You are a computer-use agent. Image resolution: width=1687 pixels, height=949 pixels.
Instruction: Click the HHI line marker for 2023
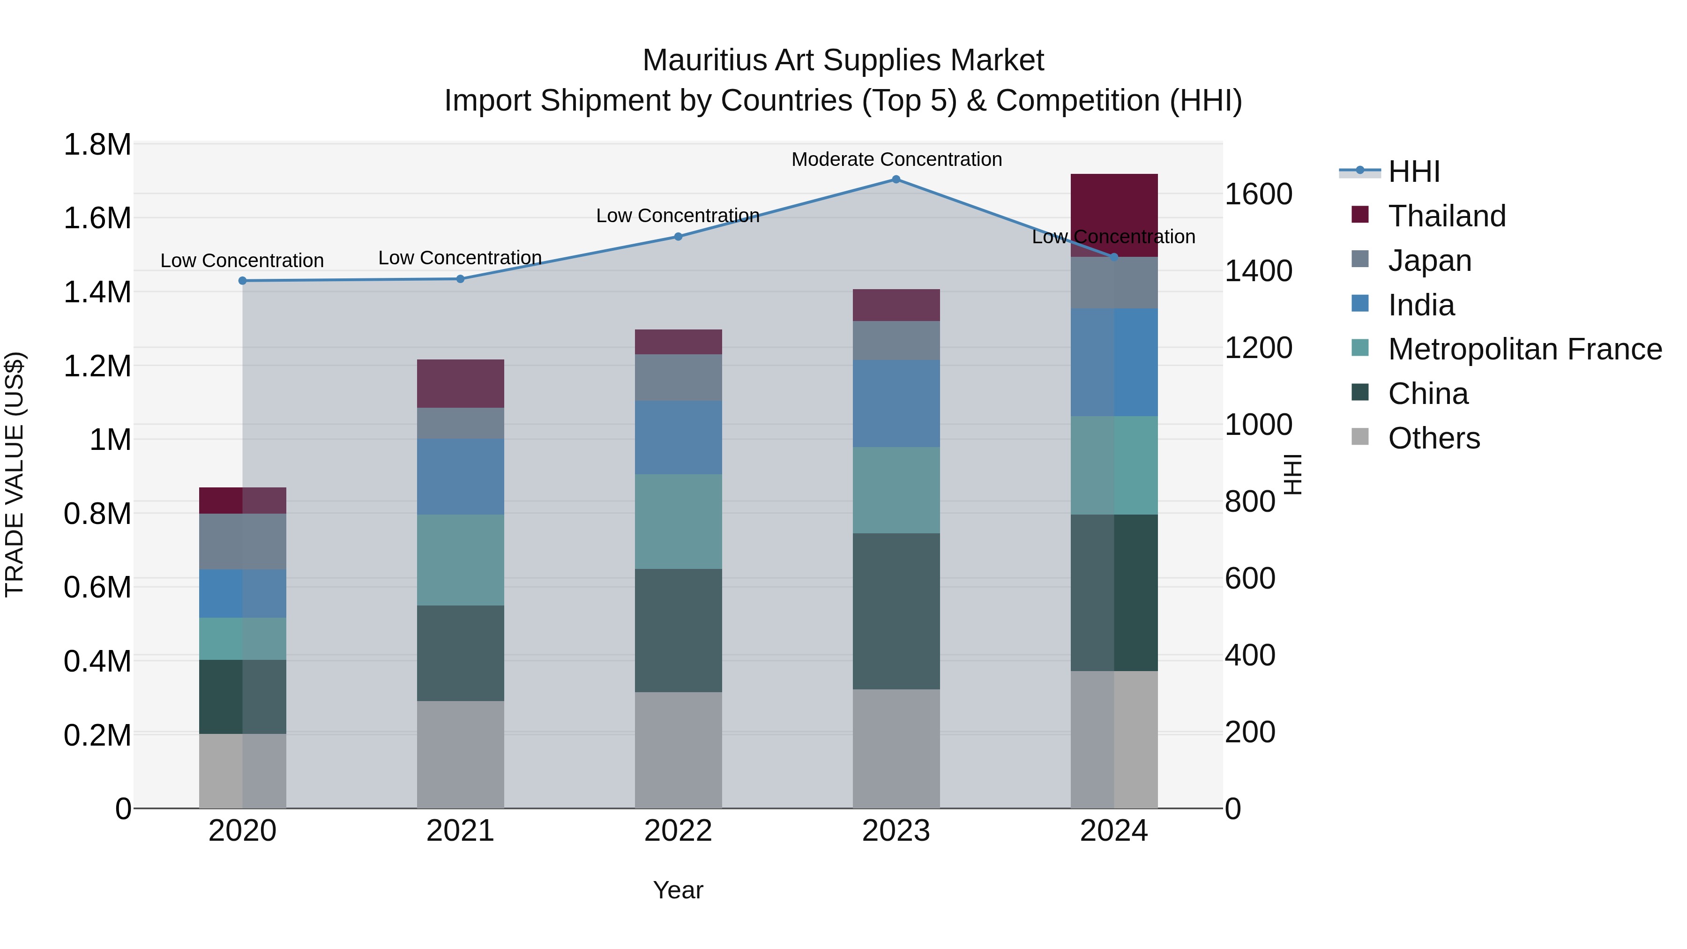pos(896,179)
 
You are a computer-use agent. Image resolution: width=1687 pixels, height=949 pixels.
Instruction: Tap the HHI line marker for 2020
pos(242,281)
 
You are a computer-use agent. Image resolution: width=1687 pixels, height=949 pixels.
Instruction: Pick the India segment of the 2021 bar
pos(460,476)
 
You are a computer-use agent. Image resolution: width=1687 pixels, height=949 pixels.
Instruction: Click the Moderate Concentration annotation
pos(896,160)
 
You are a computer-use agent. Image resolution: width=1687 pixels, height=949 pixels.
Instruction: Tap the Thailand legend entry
pos(1447,216)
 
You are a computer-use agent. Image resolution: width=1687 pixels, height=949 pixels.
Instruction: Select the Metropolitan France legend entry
pos(1524,349)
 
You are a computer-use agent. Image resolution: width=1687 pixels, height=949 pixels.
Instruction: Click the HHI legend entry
pos(1413,172)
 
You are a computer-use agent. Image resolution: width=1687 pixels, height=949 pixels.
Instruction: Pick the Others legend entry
pos(1433,438)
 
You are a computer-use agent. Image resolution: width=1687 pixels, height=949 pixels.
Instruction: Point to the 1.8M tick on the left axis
pos(97,145)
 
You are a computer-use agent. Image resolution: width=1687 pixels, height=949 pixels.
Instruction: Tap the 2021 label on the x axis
pos(460,831)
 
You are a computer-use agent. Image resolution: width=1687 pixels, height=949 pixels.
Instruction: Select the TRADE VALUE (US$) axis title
pos(15,474)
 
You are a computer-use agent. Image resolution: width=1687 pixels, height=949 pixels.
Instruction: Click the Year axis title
pos(678,890)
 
